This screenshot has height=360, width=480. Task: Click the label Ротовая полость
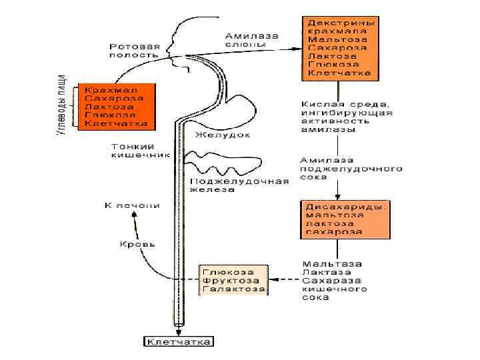[135, 51]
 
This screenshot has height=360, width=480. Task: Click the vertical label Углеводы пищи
[61, 105]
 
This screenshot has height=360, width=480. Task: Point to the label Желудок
[222, 135]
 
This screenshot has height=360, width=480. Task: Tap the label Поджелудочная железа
[239, 185]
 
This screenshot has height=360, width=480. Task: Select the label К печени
[132, 205]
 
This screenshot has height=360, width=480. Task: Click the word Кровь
[138, 244]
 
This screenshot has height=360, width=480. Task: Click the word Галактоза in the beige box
[234, 289]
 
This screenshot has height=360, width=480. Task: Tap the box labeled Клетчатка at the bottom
[179, 342]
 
